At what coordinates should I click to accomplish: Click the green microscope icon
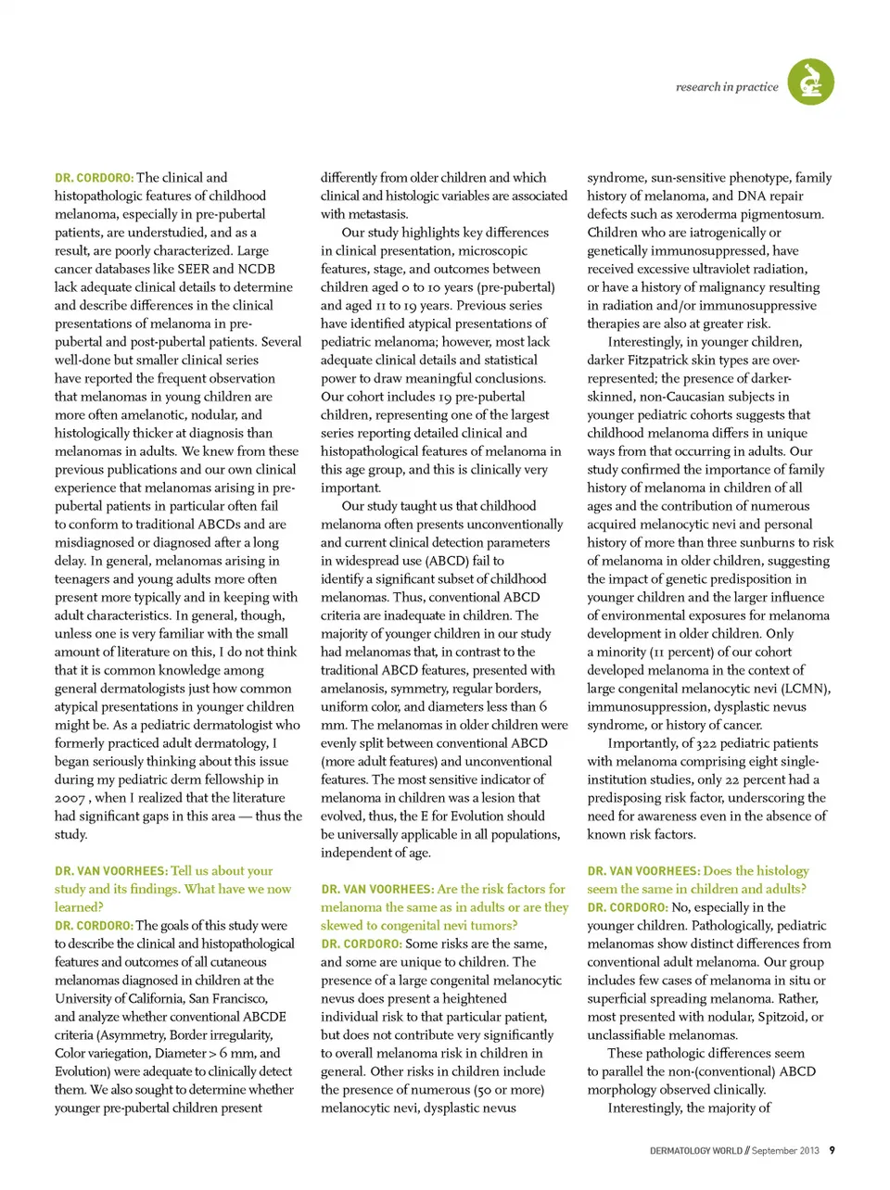coord(810,82)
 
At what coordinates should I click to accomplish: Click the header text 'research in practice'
coord(727,87)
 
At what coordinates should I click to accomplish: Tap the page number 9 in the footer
coord(832,1150)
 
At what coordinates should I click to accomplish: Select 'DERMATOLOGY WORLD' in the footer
coord(695,1151)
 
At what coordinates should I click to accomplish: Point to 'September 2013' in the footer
coord(785,1151)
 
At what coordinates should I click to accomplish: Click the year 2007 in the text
coord(70,798)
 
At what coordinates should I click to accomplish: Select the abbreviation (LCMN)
coord(802,689)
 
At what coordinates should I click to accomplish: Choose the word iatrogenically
coord(721,233)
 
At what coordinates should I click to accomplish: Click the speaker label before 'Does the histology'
coord(643,871)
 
